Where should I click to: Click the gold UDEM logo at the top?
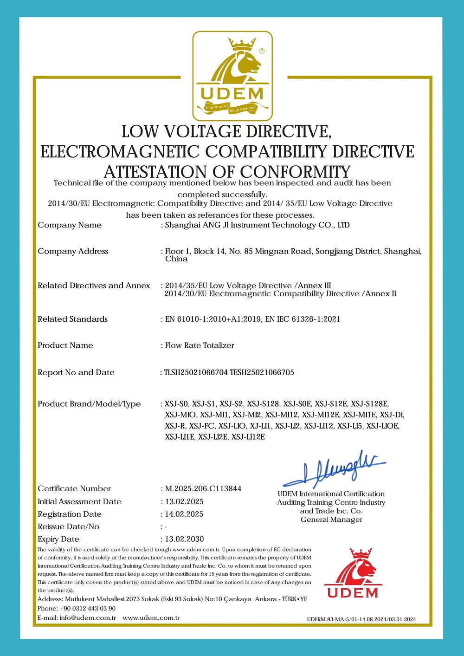[232, 76]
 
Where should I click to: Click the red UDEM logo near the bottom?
[353, 573]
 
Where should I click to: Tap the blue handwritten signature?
[334, 468]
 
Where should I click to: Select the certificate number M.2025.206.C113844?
[203, 488]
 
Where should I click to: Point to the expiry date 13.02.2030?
[185, 539]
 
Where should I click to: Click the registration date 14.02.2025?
[185, 514]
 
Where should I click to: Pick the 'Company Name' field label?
[70, 225]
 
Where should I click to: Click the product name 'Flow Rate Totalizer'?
[200, 345]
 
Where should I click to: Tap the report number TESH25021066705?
[262, 372]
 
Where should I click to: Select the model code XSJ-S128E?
[370, 404]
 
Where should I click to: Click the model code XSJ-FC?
[202, 426]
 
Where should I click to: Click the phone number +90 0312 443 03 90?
[88, 608]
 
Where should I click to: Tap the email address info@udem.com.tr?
[88, 617]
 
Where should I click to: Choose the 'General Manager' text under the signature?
[331, 520]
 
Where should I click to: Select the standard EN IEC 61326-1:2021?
[303, 319]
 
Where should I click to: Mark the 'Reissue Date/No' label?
[68, 526]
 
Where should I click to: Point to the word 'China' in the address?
[176, 259]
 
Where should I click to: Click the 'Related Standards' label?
[72, 319]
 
